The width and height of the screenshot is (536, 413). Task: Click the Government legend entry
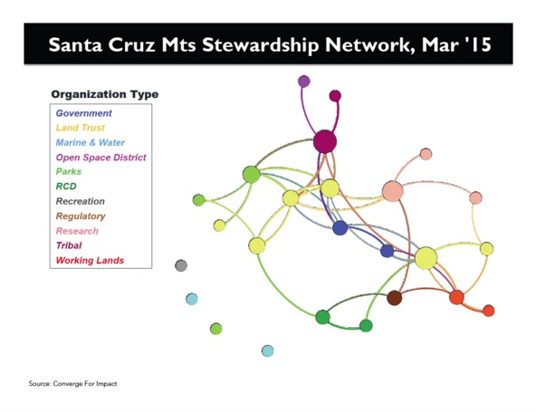click(x=83, y=113)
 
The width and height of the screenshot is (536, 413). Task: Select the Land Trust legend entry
click(x=81, y=128)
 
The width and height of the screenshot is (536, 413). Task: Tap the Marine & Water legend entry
click(x=91, y=142)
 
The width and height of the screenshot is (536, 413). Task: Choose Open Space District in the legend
click(x=100, y=158)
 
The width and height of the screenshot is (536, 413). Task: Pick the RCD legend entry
click(x=66, y=187)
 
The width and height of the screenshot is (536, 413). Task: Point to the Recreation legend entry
click(x=81, y=201)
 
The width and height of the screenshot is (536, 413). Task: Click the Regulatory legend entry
click(x=81, y=216)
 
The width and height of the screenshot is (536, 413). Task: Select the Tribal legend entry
click(x=69, y=245)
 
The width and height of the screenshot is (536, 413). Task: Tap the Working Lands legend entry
click(x=90, y=261)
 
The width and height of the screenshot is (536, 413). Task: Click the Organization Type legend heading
click(x=105, y=94)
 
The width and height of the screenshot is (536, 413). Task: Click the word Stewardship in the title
click(x=260, y=44)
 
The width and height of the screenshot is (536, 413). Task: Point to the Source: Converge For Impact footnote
click(x=72, y=384)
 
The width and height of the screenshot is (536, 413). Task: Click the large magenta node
click(x=325, y=141)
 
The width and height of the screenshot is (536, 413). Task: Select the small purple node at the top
click(x=304, y=82)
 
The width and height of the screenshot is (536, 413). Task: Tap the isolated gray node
click(x=181, y=265)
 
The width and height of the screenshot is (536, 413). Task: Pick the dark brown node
click(x=395, y=298)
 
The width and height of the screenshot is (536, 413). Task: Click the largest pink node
click(x=393, y=191)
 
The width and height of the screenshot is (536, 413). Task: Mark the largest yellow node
click(x=426, y=258)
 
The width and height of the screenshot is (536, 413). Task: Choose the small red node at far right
click(x=489, y=311)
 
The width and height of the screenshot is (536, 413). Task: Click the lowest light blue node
click(x=268, y=351)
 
